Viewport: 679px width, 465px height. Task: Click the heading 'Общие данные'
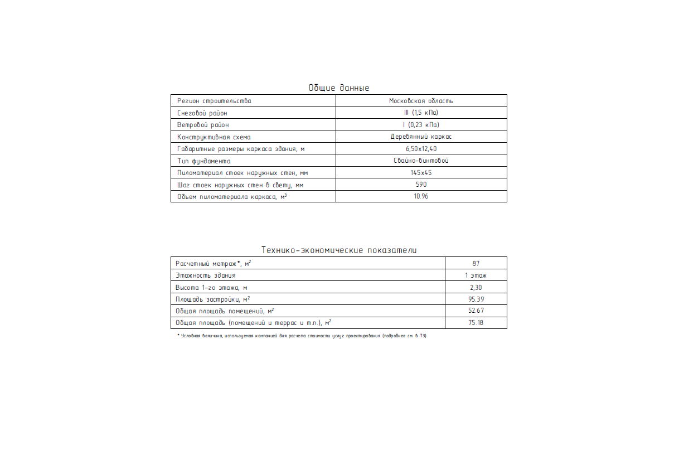338,88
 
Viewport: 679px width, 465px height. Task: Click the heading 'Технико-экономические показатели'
339,250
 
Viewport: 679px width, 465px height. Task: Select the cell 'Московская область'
421,101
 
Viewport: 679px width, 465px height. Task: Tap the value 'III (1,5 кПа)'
421,113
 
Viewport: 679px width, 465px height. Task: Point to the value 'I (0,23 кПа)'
421,125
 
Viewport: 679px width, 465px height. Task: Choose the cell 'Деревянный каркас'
421,137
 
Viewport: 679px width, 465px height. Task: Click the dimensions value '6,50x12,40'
421,149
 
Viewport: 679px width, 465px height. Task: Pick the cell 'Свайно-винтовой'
421,161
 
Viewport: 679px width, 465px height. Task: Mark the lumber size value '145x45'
421,173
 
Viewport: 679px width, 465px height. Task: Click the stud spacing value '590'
421,185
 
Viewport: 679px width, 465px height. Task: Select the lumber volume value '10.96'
421,196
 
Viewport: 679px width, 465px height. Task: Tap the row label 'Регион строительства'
214,101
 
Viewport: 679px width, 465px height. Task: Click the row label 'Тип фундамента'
203,161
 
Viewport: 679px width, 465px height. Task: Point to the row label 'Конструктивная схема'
214,137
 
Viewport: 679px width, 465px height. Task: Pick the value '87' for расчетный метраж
476,263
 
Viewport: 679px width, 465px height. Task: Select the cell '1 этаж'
476,275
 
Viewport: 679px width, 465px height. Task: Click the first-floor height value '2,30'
476,287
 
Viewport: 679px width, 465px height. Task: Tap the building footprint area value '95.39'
476,299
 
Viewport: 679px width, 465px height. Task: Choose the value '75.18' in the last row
476,323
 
